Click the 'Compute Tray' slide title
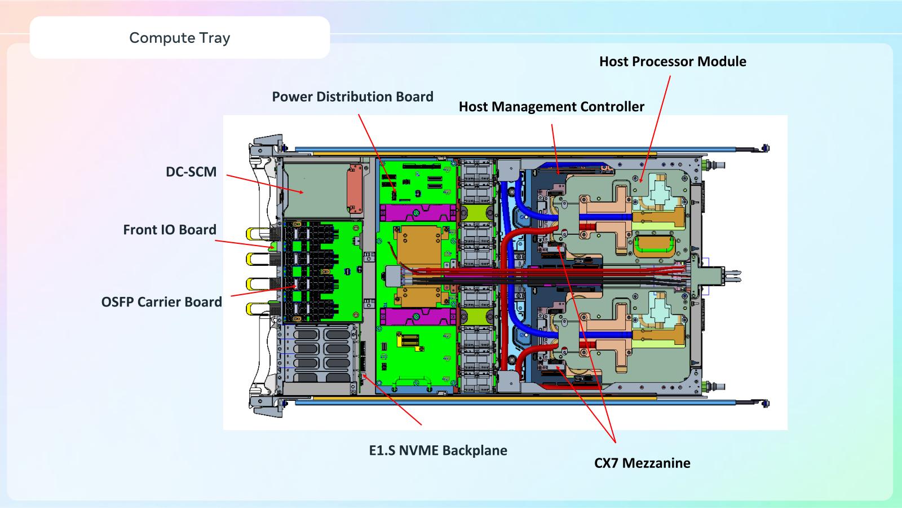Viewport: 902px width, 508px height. click(179, 38)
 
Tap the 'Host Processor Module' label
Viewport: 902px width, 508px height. click(672, 62)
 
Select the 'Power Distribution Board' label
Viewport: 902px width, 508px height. click(352, 97)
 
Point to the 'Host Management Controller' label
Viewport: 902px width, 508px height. click(551, 107)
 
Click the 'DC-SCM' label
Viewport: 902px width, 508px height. click(191, 172)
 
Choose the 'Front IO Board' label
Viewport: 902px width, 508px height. click(169, 230)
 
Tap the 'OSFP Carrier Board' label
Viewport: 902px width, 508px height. click(161, 302)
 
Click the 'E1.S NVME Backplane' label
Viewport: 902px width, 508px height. click(437, 450)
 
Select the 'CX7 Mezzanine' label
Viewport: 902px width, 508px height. click(642, 463)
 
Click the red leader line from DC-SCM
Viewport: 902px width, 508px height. click(265, 183)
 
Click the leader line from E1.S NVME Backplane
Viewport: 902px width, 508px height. click(395, 402)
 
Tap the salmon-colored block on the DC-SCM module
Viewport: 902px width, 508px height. click(354, 186)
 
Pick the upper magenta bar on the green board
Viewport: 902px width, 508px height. click(416, 213)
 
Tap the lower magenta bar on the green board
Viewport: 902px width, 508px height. click(416, 317)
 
